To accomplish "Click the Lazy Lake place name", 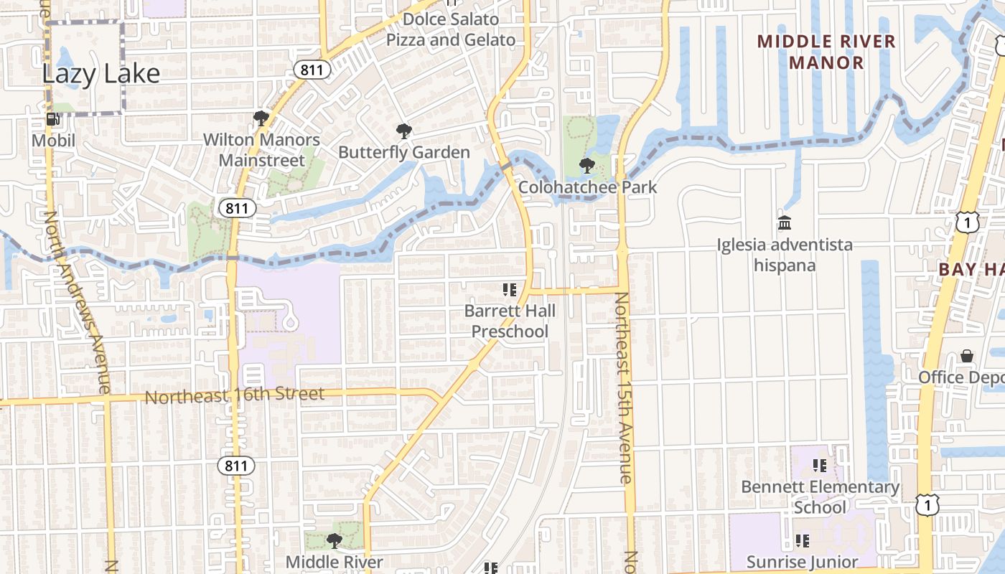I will point(100,73).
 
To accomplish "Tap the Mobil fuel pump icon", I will point(52,119).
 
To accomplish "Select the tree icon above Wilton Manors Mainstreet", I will point(261,118).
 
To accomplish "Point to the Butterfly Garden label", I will point(404,152).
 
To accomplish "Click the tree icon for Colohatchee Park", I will point(587,166).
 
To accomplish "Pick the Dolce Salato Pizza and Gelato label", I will point(451,29).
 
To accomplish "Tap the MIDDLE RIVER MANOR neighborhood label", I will point(826,52).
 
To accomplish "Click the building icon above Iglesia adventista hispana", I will point(785,223).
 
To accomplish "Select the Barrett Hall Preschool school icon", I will point(510,290).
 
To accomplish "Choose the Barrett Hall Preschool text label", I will point(510,321).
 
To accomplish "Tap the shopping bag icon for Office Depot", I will point(967,357).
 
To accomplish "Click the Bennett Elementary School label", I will point(820,497).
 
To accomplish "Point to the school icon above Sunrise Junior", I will point(803,540).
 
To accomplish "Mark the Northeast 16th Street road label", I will point(235,395).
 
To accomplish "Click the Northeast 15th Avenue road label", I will point(623,387).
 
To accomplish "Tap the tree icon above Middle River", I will point(333,540).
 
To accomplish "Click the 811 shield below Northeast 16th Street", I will point(235,466).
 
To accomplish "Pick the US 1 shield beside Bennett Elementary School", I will point(927,506).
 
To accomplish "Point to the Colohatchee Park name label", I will point(587,188).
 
